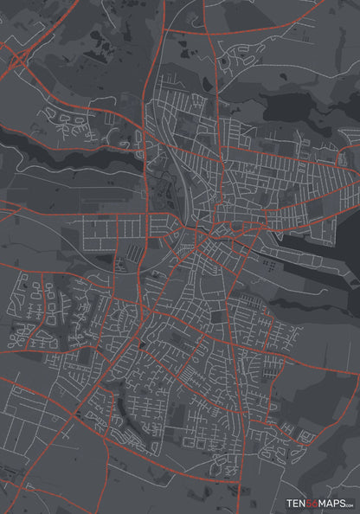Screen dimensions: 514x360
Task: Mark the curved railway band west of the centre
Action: click(170, 173)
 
